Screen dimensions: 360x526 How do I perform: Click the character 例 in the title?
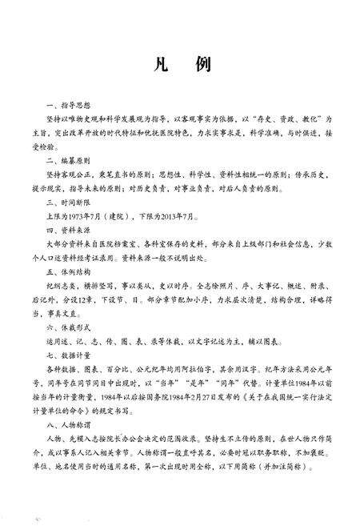click(201, 65)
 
